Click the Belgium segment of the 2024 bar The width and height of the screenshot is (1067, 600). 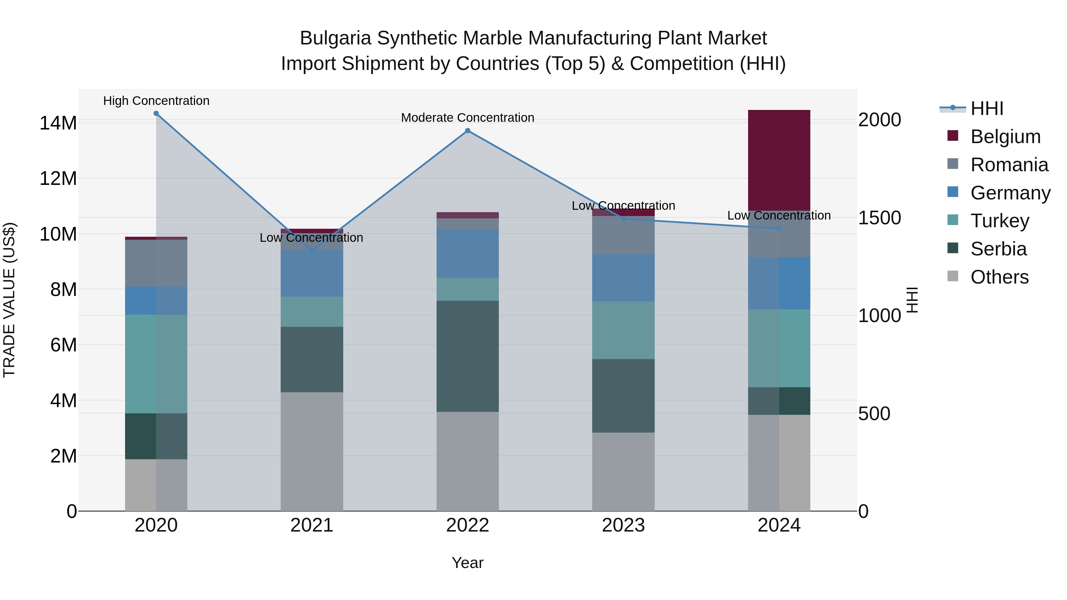(x=779, y=160)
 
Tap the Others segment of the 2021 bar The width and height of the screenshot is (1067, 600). (x=312, y=451)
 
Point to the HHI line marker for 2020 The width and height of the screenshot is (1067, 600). (x=156, y=113)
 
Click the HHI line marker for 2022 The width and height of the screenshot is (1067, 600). (x=468, y=131)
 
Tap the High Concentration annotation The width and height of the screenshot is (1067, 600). (x=156, y=101)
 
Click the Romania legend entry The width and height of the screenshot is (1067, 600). (x=1009, y=165)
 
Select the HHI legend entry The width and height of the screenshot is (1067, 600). (x=987, y=108)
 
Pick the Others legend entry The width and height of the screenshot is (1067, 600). (x=999, y=277)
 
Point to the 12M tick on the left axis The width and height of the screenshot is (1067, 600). (x=58, y=178)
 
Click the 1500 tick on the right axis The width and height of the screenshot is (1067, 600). (x=879, y=218)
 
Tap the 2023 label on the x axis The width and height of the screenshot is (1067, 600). (x=623, y=525)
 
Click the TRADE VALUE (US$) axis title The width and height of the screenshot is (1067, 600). (x=9, y=300)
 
